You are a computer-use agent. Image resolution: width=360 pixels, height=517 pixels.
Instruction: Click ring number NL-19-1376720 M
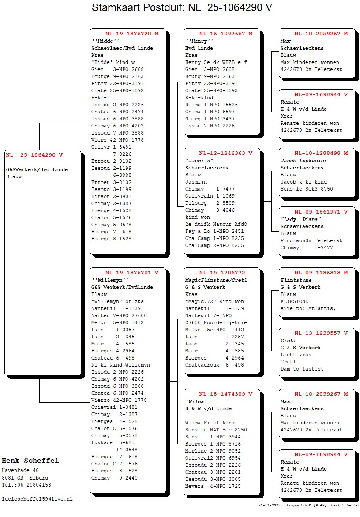coord(131,34)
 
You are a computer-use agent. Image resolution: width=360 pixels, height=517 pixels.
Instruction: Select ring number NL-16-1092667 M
coord(225,34)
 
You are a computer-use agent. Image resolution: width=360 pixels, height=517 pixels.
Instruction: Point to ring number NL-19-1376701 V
coord(131,273)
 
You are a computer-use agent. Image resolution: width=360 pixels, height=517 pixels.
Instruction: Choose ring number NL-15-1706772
coord(222,273)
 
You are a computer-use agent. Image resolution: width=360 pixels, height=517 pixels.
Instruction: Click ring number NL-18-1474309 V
coord(225,394)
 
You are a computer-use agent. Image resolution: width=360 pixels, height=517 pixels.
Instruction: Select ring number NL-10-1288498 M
coord(321,153)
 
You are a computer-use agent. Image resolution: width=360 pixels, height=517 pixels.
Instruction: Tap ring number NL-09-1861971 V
coord(321,212)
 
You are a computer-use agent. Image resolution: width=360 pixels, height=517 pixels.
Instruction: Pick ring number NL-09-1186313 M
coord(321,273)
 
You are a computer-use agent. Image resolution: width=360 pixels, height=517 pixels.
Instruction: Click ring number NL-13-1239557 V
coord(321,333)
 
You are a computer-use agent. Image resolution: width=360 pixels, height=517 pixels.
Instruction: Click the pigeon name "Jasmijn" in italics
coord(199,161)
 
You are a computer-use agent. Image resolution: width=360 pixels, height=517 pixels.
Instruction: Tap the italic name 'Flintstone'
coord(296,280)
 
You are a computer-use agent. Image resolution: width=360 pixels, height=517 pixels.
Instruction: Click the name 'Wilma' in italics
coord(196,401)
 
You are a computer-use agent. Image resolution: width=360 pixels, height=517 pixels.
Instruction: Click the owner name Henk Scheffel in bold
coord(30,461)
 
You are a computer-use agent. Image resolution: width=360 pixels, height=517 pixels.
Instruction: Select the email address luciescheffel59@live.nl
coord(37,499)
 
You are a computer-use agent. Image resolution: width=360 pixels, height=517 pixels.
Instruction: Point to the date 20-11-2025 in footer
coord(270,505)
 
